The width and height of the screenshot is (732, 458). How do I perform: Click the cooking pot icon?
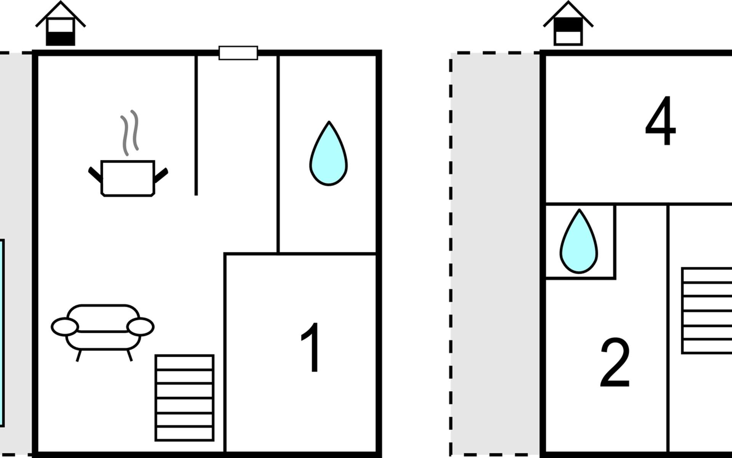tap(128, 178)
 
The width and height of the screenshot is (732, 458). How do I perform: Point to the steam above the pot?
tap(130, 132)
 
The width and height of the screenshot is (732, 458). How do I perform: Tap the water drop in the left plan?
tap(328, 153)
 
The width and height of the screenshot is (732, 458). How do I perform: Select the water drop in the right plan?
tap(579, 241)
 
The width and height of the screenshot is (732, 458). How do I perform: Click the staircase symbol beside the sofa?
tap(185, 398)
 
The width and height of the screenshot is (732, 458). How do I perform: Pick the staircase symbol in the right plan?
tap(706, 311)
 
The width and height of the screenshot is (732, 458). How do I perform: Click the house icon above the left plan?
tap(61, 24)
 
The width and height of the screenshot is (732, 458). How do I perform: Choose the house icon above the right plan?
tap(568, 24)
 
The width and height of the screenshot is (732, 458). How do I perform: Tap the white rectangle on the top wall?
tap(238, 53)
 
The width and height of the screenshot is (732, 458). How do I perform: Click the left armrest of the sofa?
tap(65, 327)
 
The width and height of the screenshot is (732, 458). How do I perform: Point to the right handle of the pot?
tap(161, 175)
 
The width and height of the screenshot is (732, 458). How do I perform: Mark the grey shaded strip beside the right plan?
tap(495, 253)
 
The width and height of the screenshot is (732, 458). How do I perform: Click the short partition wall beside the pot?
tap(196, 125)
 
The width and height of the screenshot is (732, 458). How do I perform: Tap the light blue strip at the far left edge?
tap(2, 333)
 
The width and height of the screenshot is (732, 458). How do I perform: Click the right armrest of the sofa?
tap(140, 327)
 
